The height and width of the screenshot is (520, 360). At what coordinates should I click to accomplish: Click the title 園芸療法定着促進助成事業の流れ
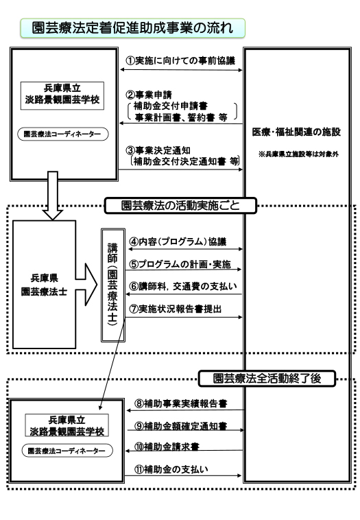point(132,28)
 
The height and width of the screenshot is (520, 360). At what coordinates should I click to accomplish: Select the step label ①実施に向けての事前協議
point(180,60)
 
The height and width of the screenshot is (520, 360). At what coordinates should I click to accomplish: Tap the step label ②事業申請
point(149,95)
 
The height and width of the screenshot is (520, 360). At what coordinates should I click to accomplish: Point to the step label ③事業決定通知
point(158,150)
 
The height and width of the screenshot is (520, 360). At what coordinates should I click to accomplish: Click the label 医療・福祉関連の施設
point(296,132)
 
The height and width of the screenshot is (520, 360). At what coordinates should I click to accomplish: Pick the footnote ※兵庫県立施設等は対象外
point(298,154)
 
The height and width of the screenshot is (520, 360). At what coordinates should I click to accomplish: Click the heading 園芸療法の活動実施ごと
point(180,206)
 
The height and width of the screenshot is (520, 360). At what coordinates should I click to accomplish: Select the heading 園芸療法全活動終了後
point(267,379)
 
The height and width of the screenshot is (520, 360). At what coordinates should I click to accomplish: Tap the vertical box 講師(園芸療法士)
point(113,285)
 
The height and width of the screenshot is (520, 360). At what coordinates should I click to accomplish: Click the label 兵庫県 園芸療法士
point(44,285)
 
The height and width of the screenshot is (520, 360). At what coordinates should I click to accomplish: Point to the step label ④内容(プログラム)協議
point(178,241)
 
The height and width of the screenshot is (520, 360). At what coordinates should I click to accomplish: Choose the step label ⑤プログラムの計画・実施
point(180,264)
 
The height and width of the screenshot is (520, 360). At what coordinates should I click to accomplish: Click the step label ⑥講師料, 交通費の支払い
point(183,286)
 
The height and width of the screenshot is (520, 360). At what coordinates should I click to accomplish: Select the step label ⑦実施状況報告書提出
point(176,309)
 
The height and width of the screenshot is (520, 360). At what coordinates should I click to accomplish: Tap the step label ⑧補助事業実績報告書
point(180,403)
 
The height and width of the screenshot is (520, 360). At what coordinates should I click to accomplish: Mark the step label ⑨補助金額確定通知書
point(180,426)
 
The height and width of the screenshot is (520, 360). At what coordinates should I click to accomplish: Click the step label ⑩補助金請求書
point(167,447)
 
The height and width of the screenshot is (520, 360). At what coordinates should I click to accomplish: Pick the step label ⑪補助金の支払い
point(171,469)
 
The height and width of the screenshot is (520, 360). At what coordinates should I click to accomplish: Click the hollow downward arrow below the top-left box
point(53,196)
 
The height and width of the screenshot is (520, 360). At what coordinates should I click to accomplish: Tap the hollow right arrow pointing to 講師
point(86,285)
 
